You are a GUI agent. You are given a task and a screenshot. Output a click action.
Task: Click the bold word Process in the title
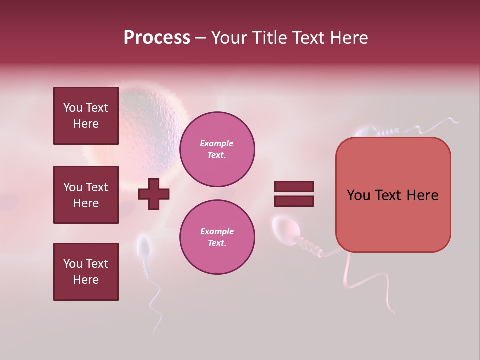pos(157,38)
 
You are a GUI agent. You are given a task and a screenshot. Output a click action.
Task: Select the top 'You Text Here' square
pos(86,116)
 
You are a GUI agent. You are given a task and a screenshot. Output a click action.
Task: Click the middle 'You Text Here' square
pos(86,195)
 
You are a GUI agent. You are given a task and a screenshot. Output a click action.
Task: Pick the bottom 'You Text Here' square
pos(86,272)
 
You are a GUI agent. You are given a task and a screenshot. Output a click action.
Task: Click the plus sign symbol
pos(154,194)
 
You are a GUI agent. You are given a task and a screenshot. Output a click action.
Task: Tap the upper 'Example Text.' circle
pos(217,149)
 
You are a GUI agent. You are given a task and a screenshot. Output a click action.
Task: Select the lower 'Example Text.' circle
pos(217,237)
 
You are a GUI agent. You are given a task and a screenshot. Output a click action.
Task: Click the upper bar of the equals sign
pos(294,187)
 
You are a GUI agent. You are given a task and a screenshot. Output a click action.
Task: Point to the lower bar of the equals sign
pos(294,201)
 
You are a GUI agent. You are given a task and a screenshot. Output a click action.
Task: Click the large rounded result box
pos(393,195)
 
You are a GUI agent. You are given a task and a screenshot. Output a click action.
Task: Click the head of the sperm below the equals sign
pos(286,229)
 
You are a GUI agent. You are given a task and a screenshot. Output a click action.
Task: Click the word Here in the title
pos(349,38)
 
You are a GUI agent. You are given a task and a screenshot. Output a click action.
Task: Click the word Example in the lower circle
pos(217,231)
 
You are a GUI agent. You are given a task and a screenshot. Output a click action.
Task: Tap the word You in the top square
pos(73,108)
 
